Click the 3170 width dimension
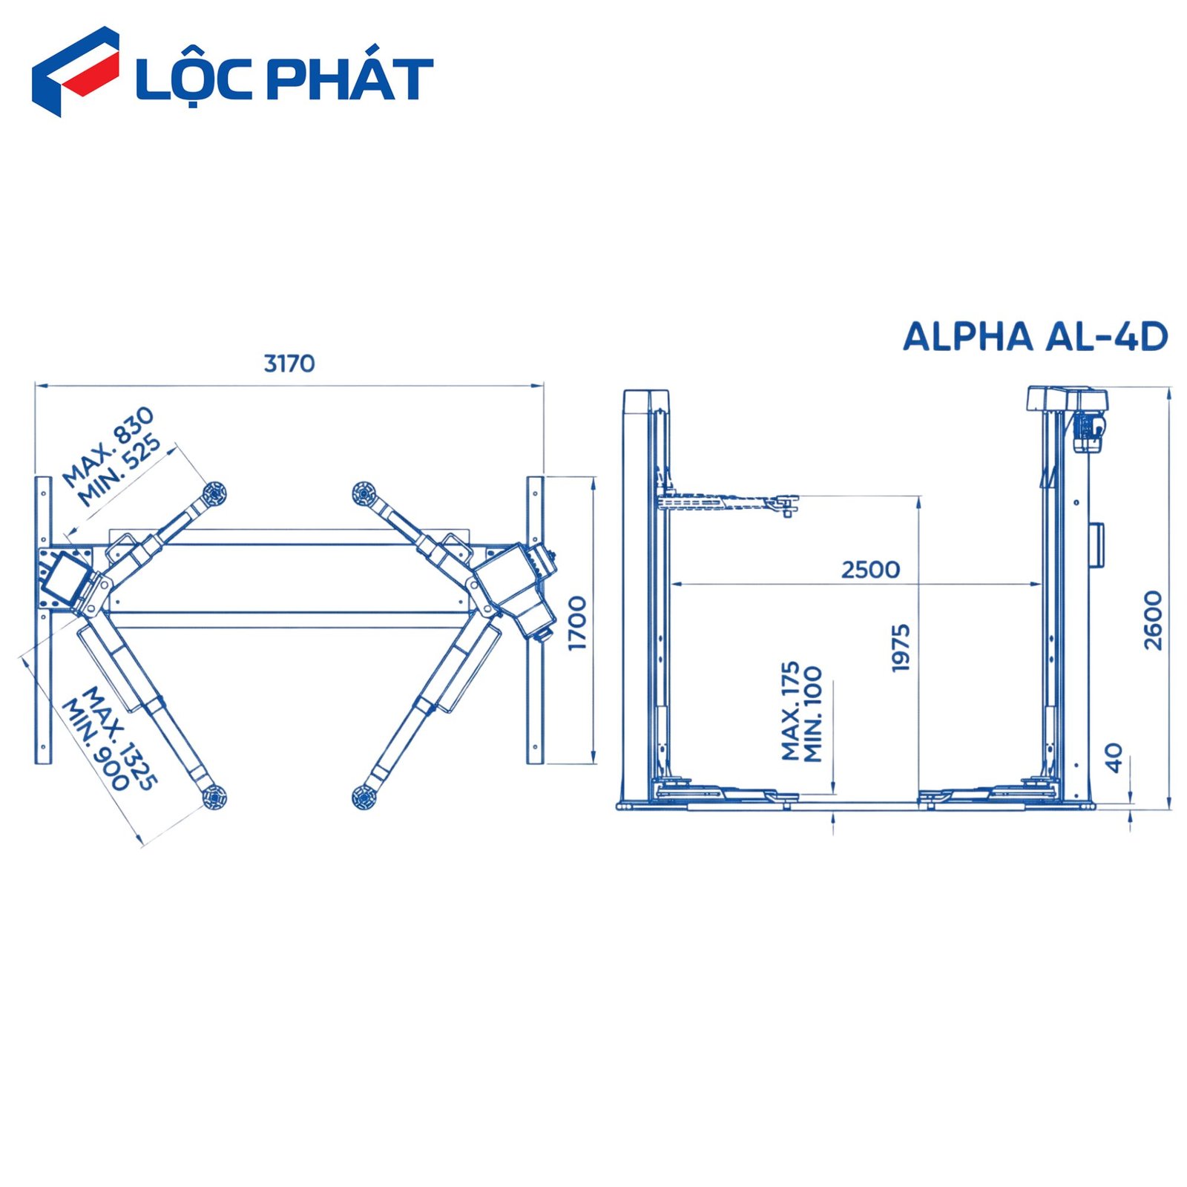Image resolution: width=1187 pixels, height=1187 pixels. (x=289, y=364)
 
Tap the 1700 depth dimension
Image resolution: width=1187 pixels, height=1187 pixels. (x=577, y=622)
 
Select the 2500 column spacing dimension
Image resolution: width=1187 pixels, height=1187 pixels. (x=870, y=570)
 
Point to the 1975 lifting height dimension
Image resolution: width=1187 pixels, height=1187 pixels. (x=901, y=648)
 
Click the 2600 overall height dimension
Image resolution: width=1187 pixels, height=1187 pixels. (x=1153, y=620)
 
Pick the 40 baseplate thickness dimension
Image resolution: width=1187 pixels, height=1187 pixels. (x=1114, y=757)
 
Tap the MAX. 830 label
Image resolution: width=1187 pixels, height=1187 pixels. (x=108, y=447)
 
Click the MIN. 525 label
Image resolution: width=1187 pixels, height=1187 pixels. (x=120, y=470)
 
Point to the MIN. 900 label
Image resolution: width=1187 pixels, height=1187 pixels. (x=96, y=744)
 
